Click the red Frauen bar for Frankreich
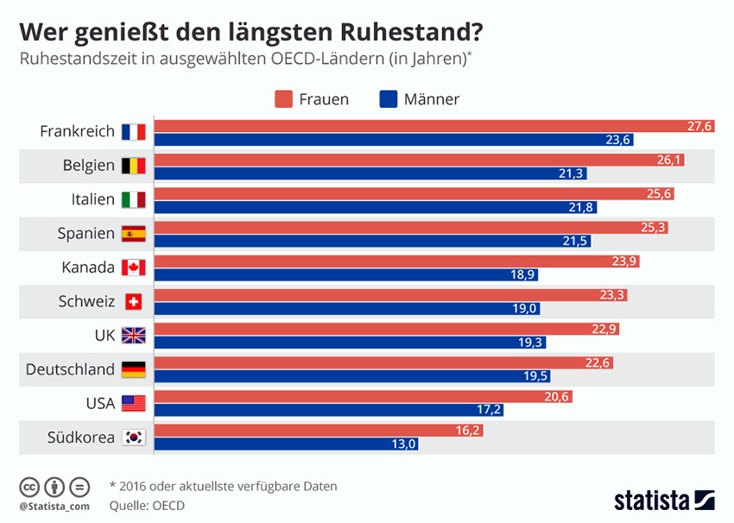click(x=432, y=126)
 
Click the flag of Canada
click(x=134, y=268)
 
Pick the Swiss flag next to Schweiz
click(x=134, y=301)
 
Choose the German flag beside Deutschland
click(x=134, y=369)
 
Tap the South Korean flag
click(x=134, y=438)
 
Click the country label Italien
click(x=93, y=199)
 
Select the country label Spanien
click(x=86, y=233)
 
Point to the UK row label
click(x=104, y=336)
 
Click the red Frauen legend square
click(x=285, y=98)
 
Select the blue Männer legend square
click(x=389, y=98)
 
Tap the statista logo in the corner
click(x=664, y=500)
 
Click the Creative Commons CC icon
click(x=29, y=486)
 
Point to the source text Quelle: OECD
click(x=148, y=505)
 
